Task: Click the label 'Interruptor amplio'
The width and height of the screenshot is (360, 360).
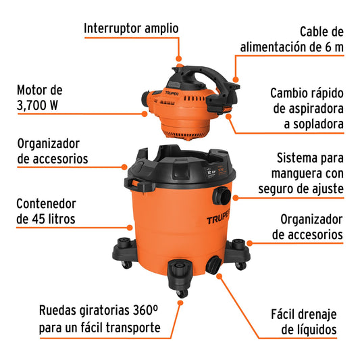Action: [x=131, y=28]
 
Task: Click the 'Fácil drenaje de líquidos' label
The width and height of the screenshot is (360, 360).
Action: [x=303, y=322]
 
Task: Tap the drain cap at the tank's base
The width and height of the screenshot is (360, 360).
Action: [x=213, y=264]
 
